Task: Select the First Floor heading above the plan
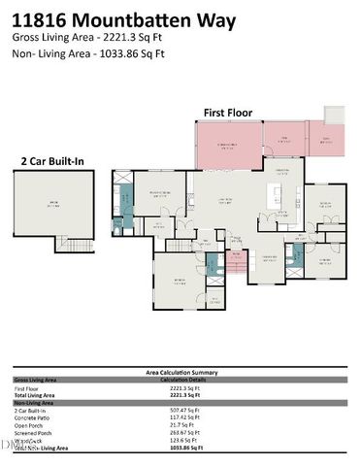[x=227, y=113]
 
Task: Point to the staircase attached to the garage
[x=69, y=244]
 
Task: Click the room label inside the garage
[x=54, y=204]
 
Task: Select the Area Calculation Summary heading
[x=180, y=372]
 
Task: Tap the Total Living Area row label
[x=37, y=395]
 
